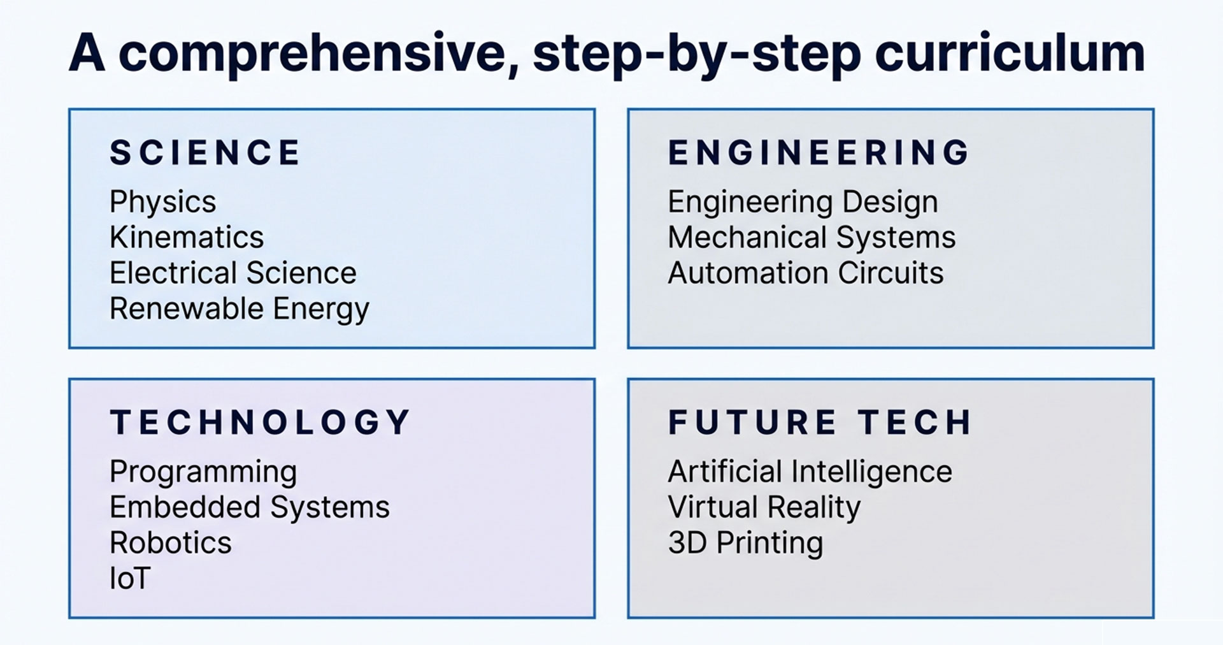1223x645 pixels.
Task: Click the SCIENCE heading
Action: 205,153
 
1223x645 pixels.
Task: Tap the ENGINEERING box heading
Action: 819,153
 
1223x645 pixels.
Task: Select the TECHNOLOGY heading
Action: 260,422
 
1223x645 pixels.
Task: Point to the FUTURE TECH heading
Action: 820,422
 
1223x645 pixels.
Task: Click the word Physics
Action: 163,203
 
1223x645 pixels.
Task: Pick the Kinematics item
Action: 187,237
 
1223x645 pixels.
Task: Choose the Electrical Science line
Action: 233,273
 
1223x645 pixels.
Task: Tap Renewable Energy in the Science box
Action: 240,310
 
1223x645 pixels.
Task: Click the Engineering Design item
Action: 803,203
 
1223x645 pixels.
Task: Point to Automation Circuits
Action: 806,273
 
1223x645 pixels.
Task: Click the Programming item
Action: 203,473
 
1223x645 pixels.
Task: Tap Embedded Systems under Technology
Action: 250,508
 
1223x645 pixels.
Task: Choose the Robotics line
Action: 171,543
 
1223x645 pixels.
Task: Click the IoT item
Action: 130,579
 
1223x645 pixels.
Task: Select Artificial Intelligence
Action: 810,473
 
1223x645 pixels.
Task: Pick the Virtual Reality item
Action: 764,508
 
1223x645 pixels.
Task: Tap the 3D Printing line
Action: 746,544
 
